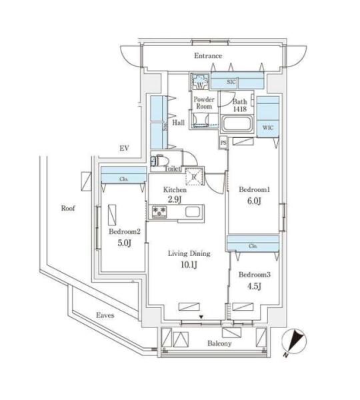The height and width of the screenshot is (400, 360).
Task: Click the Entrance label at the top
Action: click(x=208, y=55)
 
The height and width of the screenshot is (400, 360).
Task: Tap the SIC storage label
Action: click(x=231, y=82)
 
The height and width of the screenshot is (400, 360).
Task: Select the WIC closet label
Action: click(x=267, y=127)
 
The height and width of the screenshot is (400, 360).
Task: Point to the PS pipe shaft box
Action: click(x=223, y=143)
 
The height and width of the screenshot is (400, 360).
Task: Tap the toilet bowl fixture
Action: click(x=161, y=161)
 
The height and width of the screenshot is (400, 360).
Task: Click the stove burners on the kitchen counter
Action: click(x=159, y=212)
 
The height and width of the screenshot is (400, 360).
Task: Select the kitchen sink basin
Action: click(x=193, y=212)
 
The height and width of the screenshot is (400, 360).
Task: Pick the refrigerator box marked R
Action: click(x=195, y=176)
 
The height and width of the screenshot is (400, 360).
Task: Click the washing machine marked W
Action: click(x=200, y=81)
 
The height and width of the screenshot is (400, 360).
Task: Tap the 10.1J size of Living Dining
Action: click(x=189, y=265)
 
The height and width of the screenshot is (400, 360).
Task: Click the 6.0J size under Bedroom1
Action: click(x=254, y=201)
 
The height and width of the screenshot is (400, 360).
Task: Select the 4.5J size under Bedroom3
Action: click(x=254, y=287)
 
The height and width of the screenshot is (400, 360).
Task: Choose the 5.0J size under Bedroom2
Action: click(x=125, y=243)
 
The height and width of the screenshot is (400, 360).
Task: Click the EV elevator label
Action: click(x=124, y=148)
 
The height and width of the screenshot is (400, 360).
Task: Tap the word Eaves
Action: click(x=105, y=315)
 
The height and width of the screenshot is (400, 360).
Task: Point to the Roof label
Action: click(x=68, y=208)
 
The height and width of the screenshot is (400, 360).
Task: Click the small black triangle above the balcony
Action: click(x=201, y=317)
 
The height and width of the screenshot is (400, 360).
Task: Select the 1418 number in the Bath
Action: click(x=240, y=109)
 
